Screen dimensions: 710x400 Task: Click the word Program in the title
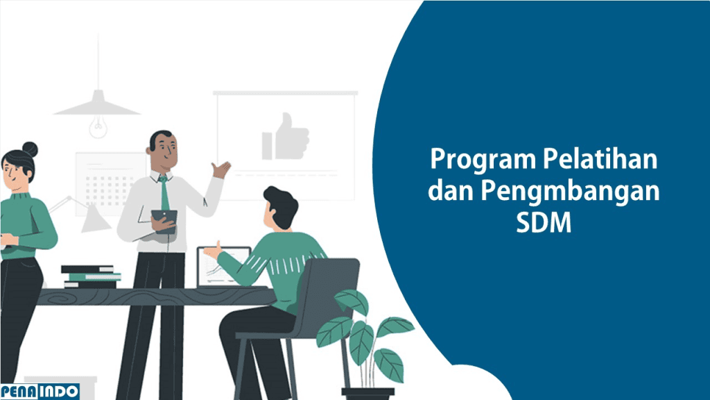pos(483,160)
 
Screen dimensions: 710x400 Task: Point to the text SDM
pos(544,222)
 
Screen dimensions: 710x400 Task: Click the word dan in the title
pos(450,190)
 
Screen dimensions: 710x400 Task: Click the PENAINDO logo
pos(40,392)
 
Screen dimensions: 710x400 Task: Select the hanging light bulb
pos(98,126)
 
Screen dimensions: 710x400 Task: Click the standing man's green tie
pos(164,193)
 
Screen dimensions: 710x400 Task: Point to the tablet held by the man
pos(164,221)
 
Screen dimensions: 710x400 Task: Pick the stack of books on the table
pos(91,276)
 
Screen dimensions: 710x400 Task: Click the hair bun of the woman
pos(30,149)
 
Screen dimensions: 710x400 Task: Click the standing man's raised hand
pos(221,169)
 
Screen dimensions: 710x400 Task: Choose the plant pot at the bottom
pos(367,393)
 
